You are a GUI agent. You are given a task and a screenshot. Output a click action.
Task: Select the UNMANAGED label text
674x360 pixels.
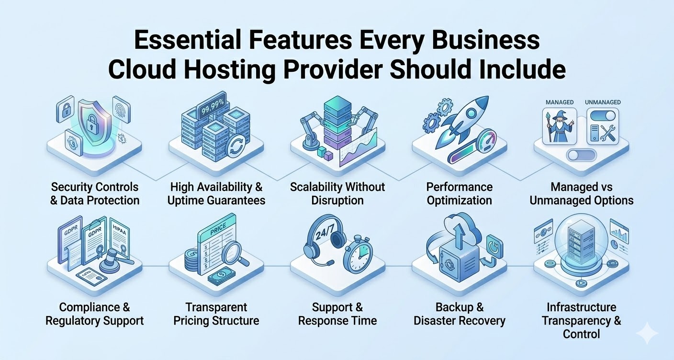tap(603, 102)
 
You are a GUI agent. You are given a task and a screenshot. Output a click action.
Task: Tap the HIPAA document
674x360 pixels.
tap(120, 237)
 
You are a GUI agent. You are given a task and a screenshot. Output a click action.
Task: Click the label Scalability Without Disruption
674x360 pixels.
tap(337, 193)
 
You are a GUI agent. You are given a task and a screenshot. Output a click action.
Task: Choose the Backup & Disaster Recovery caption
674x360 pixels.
tap(459, 314)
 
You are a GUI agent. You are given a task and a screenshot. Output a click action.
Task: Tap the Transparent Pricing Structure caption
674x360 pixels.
tap(216, 314)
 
